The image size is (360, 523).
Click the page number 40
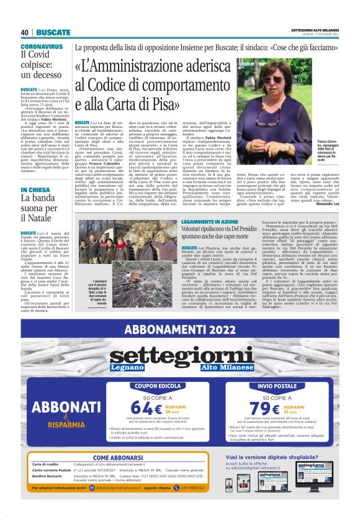[25, 32]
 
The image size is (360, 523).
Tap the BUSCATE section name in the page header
[53, 32]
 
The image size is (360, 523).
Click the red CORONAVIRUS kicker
[42, 47]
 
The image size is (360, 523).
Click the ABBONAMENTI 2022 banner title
[180, 329]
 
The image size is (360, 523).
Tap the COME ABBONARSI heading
[119, 458]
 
